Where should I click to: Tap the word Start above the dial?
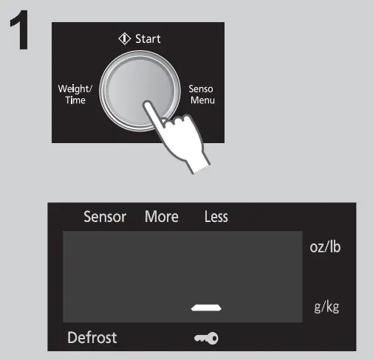pyautogui.click(x=147, y=38)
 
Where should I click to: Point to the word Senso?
pyautogui.click(x=200, y=89)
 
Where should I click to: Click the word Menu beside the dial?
pyautogui.click(x=201, y=100)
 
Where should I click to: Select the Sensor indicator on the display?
pyautogui.click(x=104, y=217)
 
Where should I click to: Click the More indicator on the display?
pyautogui.click(x=161, y=217)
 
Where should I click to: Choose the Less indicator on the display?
pyautogui.click(x=216, y=217)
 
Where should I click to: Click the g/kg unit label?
pyautogui.click(x=326, y=306)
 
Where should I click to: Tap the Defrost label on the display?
pyautogui.click(x=92, y=339)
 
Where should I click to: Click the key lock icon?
pyautogui.click(x=206, y=339)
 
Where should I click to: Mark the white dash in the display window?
pyautogui.click(x=206, y=305)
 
